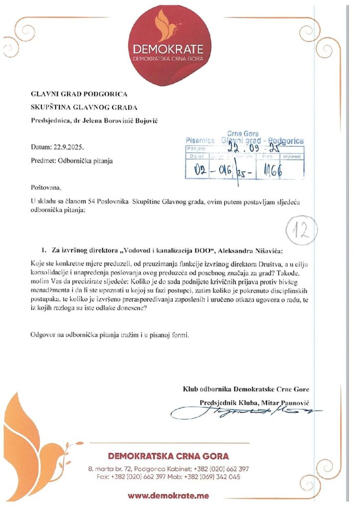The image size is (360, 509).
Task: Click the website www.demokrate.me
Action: click(x=168, y=496)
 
